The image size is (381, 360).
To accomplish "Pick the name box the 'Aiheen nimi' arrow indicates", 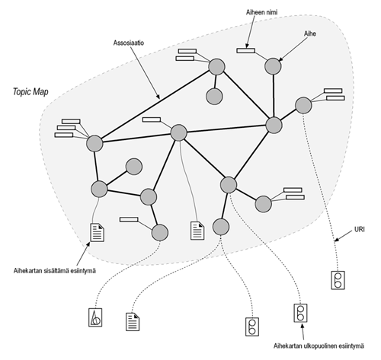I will pyautogui.click(x=245, y=50).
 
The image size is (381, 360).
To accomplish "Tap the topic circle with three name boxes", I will pyautogui.click(x=94, y=143).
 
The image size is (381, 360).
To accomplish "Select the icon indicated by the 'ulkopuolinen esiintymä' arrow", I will pyautogui.click(x=301, y=313).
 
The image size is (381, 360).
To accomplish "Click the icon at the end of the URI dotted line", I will pyautogui.click(x=337, y=280).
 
